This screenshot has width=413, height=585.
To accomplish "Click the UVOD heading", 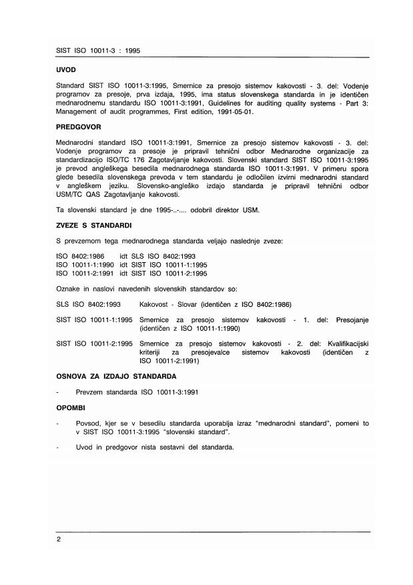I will pyautogui.click(x=66, y=69).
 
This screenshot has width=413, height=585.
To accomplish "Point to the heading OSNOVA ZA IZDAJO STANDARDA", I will pyautogui.click(x=117, y=377).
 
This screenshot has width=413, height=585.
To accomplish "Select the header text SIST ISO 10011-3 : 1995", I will pyautogui.click(x=97, y=51).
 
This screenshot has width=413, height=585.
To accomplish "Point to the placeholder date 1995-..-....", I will pyautogui.click(x=172, y=211).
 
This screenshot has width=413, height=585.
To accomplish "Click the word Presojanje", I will pyautogui.click(x=348, y=320).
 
